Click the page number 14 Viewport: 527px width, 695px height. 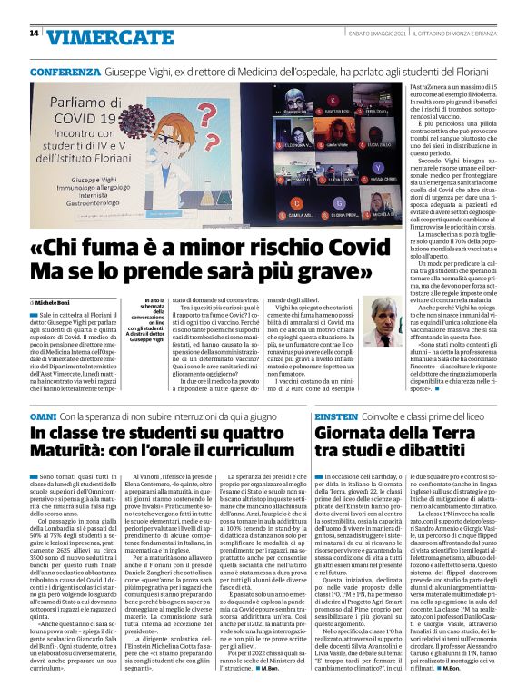[x=34, y=34]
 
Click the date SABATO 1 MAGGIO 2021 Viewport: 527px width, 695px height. [x=365, y=34]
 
